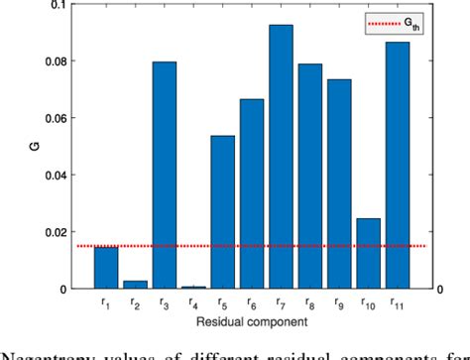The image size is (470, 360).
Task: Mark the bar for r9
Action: click(x=339, y=183)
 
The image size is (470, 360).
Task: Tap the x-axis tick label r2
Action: click(x=136, y=302)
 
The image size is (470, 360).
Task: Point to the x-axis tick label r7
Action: click(x=282, y=302)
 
